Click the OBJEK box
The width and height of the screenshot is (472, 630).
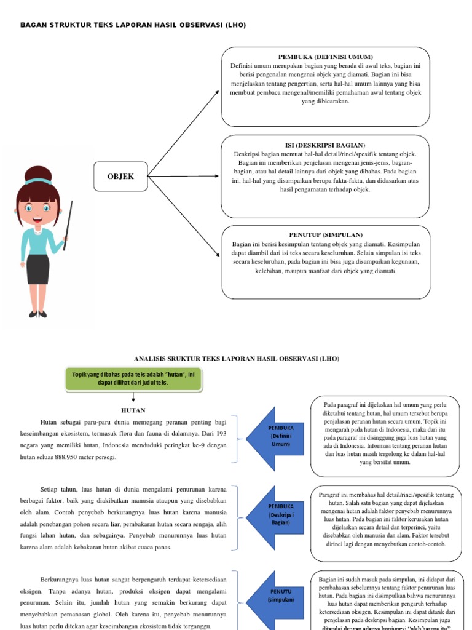[120, 177]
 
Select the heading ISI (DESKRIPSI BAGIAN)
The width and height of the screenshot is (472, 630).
[326, 145]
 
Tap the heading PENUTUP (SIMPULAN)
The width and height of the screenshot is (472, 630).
[326, 235]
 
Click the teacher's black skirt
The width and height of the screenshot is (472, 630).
[37, 268]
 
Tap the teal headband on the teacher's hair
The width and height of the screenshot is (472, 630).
[38, 181]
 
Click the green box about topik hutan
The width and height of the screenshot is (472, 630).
[133, 378]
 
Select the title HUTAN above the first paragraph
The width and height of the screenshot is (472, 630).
[133, 410]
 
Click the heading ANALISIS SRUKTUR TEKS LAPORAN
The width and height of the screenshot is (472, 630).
[236, 358]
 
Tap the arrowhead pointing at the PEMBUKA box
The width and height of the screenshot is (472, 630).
[216, 93]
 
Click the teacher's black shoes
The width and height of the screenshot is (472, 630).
[37, 314]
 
